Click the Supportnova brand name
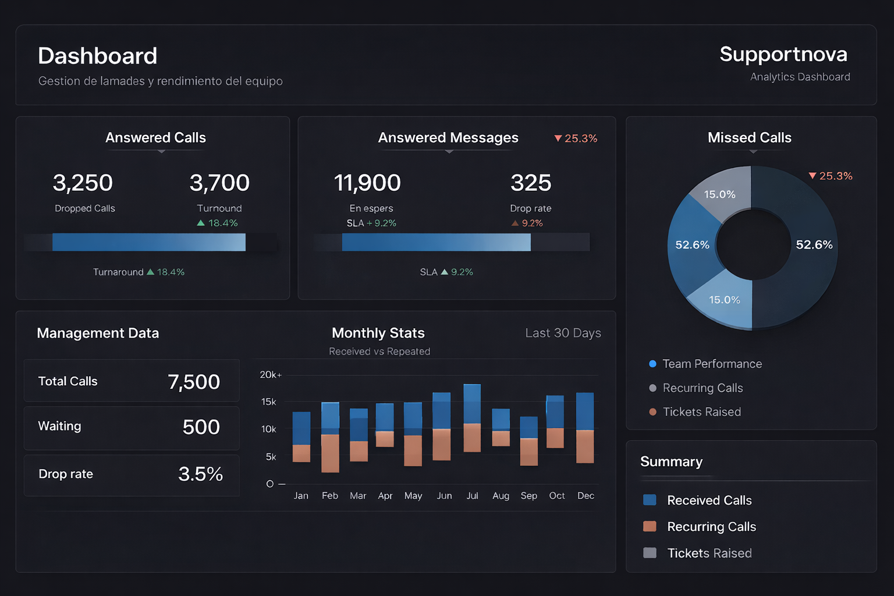point(783,54)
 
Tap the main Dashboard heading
point(97,56)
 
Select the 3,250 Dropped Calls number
point(83,183)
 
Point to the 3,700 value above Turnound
point(219,183)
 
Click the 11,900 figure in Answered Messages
point(367,183)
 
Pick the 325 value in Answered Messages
point(530,183)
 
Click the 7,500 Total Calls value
point(194,382)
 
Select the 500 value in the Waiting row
point(201,427)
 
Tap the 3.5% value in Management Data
point(200,474)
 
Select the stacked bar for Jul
point(472,418)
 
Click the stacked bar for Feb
point(330,437)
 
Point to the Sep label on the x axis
point(528,496)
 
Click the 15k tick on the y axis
point(268,402)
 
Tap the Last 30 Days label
point(563,333)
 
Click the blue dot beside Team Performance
point(652,364)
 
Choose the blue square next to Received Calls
point(650,500)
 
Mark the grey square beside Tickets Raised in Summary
point(650,553)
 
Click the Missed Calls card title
point(749,138)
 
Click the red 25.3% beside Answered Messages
point(576,139)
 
